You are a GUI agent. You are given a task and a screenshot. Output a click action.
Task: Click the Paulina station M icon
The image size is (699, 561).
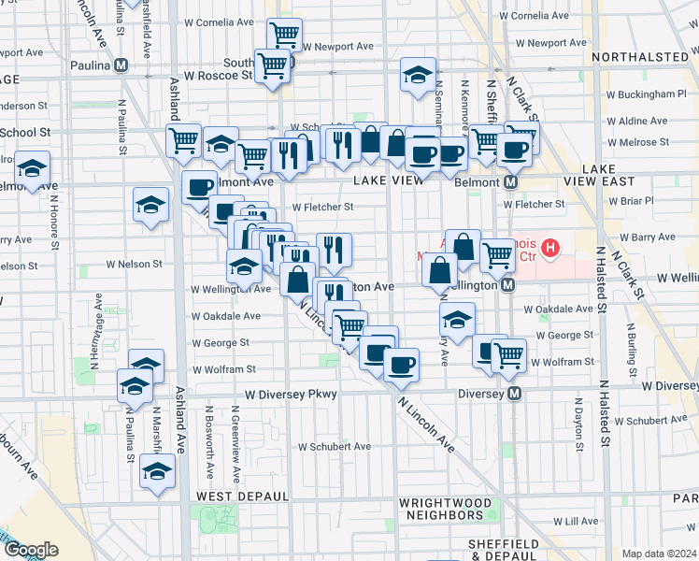pyautogui.click(x=121, y=65)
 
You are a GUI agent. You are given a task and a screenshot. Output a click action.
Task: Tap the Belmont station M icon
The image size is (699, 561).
pyautogui.click(x=511, y=181)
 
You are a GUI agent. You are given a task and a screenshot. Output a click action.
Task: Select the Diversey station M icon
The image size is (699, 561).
pyautogui.click(x=513, y=395)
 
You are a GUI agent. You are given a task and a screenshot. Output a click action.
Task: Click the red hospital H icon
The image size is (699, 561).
pyautogui.click(x=550, y=249)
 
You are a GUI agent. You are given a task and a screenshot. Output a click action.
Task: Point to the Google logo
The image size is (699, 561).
pyautogui.click(x=31, y=550)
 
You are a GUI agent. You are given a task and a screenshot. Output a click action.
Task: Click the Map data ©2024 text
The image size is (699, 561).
pyautogui.click(x=660, y=554)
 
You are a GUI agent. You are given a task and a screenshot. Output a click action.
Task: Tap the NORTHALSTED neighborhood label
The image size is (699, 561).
pyautogui.click(x=640, y=57)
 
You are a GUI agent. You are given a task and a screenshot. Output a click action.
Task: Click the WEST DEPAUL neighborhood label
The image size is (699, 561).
pyautogui.click(x=234, y=495)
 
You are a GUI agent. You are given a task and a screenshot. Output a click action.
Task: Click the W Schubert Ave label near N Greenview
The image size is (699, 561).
pyautogui.click(x=335, y=447)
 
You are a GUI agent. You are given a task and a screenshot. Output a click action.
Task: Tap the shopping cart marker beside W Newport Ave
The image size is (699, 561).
pyautogui.click(x=285, y=35)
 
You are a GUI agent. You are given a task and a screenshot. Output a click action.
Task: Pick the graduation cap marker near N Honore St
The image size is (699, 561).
pyautogui.click(x=33, y=168)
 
